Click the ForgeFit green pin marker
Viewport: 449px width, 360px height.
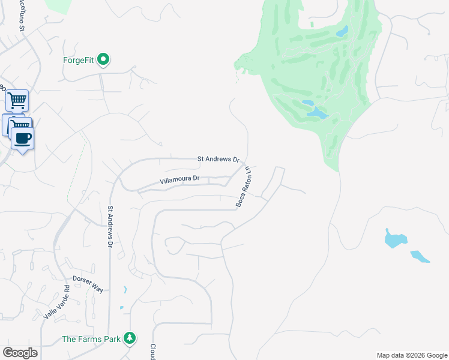pos(103,59)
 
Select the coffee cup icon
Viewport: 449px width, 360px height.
pos(23,138)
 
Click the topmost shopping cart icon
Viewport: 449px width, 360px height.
pos(17,100)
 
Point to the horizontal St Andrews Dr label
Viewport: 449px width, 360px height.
pos(218,160)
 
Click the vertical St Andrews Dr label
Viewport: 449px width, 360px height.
pos(110,227)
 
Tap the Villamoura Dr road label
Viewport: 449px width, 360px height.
pos(179,179)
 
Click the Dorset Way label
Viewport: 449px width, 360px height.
pos(88,284)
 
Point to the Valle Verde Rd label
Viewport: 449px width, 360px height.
pos(57,302)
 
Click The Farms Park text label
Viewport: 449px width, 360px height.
pos(92,340)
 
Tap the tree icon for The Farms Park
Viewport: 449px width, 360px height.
pos(130,338)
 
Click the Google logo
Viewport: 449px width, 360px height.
pos(20,353)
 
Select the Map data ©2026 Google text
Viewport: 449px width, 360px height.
pos(411,355)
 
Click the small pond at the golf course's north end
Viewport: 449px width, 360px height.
pos(342,31)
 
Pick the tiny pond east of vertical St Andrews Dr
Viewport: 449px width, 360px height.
pos(125,290)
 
